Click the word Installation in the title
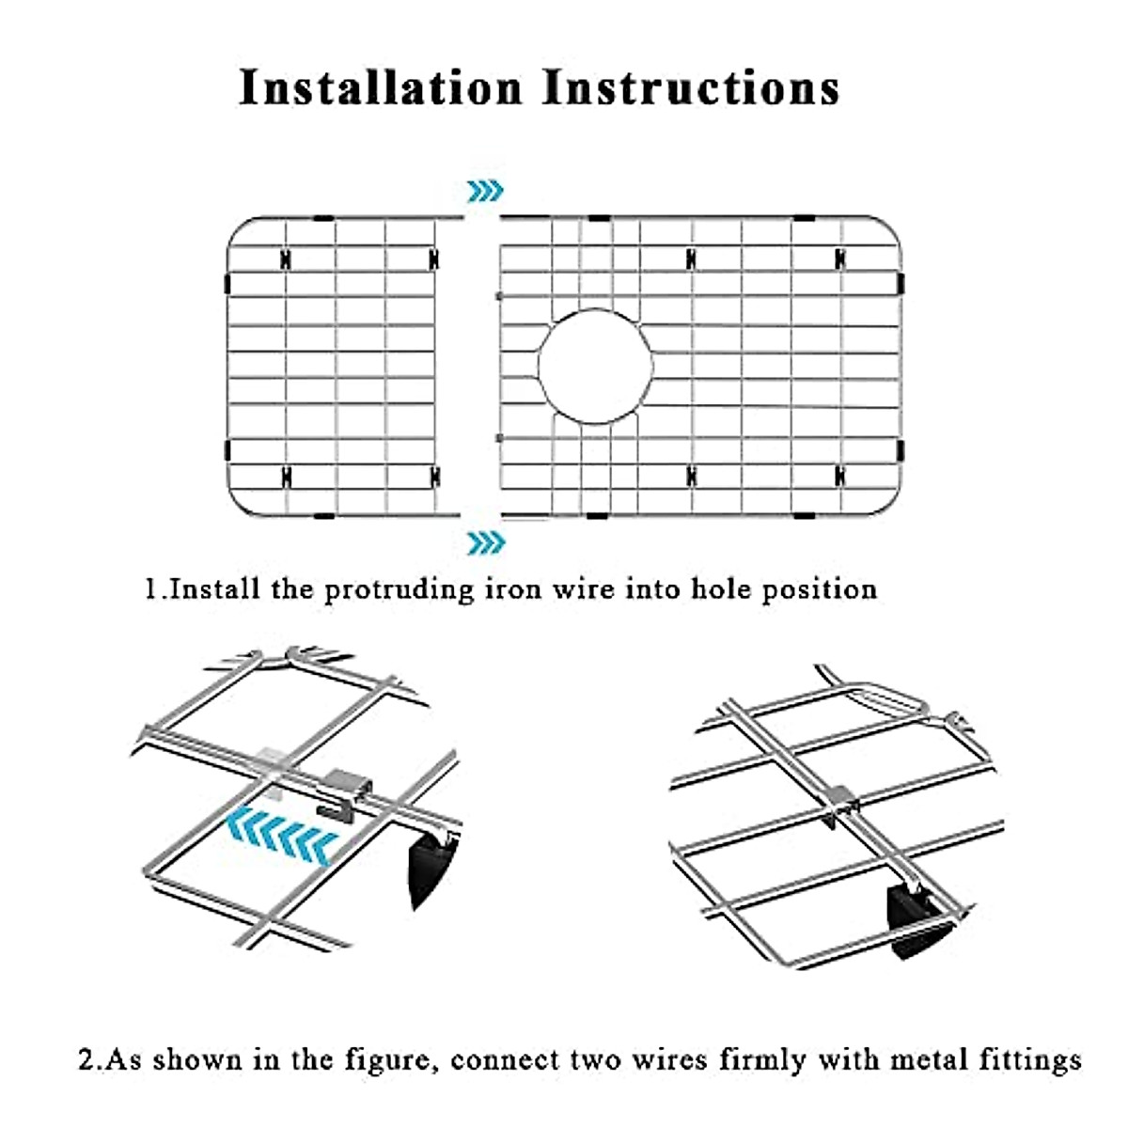pos(381,87)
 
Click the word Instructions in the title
pos(691,87)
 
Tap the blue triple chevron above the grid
pos(485,192)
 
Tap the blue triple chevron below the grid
pos(485,541)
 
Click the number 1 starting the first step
pos(150,589)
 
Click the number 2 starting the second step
pos(87,1060)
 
